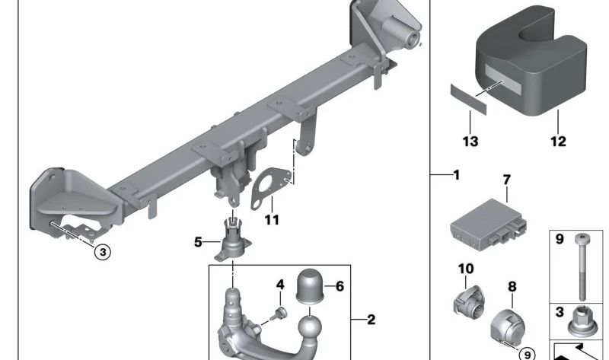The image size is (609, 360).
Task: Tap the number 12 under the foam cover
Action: pyautogui.click(x=558, y=142)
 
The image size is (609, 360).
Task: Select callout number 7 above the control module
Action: pyautogui.click(x=506, y=180)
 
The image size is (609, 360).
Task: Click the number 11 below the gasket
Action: pyautogui.click(x=272, y=220)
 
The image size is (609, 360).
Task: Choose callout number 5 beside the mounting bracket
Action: pyautogui.click(x=198, y=242)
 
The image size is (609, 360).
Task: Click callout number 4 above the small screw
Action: pyautogui.click(x=280, y=285)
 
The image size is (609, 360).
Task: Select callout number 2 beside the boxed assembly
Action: pyautogui.click(x=371, y=320)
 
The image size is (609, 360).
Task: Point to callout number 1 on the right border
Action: pyautogui.click(x=456, y=175)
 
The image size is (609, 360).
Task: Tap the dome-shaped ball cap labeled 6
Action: pyautogui.click(x=310, y=285)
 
